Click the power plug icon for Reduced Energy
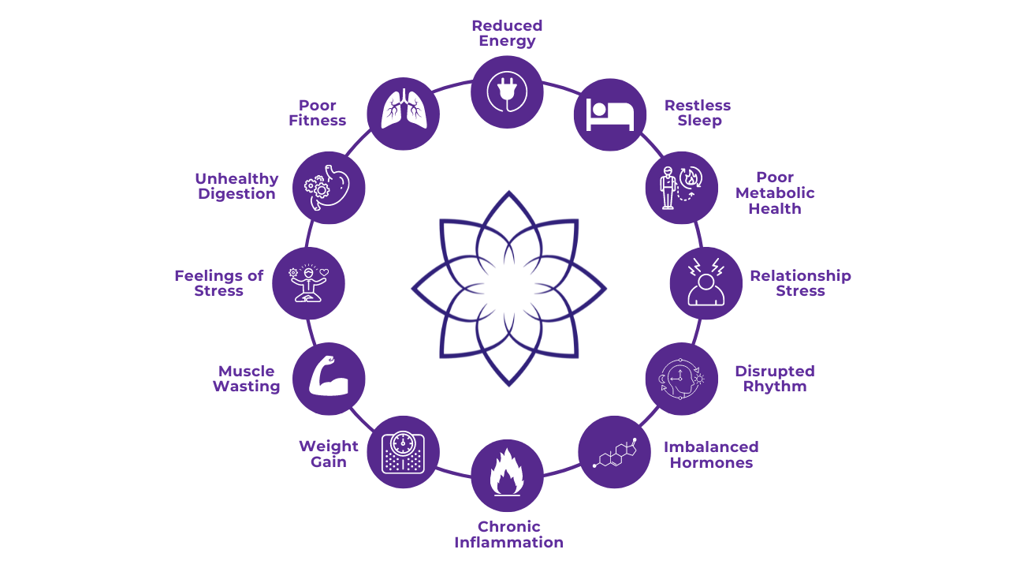507,92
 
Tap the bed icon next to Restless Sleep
610,115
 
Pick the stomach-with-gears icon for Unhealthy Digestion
329,188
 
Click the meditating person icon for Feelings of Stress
308,283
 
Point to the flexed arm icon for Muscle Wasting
329,379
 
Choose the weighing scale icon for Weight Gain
403,452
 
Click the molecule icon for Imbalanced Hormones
615,452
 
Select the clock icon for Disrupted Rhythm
682,379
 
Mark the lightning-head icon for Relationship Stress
706,283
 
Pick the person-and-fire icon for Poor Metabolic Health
682,188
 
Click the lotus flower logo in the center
508,288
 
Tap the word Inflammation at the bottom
508,543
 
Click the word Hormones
711,463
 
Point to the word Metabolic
775,193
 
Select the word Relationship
800,276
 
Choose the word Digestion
236,194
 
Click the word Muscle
246,372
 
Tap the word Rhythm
775,387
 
